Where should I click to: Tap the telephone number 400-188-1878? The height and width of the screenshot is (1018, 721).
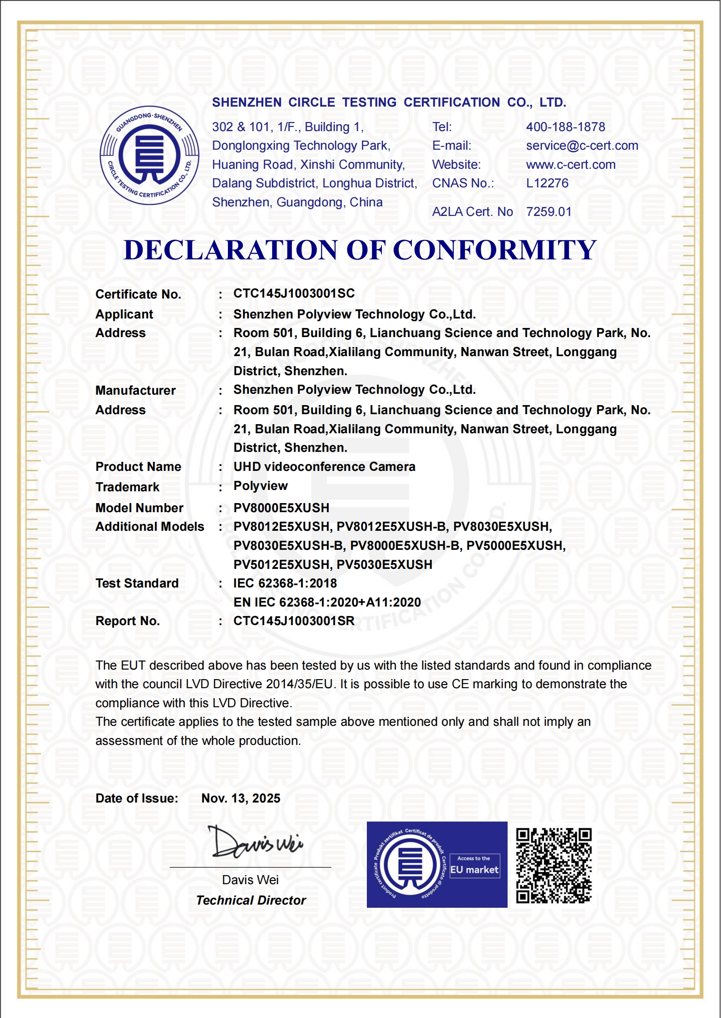click(x=565, y=127)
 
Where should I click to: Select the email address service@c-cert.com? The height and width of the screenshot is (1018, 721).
click(x=582, y=146)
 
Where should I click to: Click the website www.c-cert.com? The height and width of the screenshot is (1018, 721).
click(x=571, y=165)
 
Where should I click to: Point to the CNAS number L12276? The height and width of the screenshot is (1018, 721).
click(x=547, y=183)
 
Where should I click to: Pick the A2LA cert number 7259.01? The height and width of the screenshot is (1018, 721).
click(x=548, y=212)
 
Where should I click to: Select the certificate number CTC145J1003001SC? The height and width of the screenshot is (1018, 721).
click(x=294, y=294)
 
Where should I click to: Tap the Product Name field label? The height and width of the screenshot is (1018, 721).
click(x=138, y=467)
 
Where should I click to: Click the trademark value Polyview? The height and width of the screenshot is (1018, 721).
click(x=260, y=486)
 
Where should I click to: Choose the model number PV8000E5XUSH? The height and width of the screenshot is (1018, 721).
click(x=281, y=508)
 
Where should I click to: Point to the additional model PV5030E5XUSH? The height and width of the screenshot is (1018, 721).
click(x=384, y=565)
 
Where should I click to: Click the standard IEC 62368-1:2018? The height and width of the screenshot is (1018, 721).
click(x=285, y=583)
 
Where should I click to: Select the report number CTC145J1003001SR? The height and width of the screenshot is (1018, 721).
click(x=294, y=621)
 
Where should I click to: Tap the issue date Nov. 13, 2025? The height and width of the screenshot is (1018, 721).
click(x=241, y=798)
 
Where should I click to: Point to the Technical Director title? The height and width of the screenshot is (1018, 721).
click(x=251, y=901)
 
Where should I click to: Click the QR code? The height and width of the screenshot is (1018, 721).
click(x=553, y=866)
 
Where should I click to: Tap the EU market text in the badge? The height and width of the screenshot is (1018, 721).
click(x=474, y=870)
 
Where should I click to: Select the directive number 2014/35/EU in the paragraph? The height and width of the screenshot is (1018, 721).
click(x=300, y=684)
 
